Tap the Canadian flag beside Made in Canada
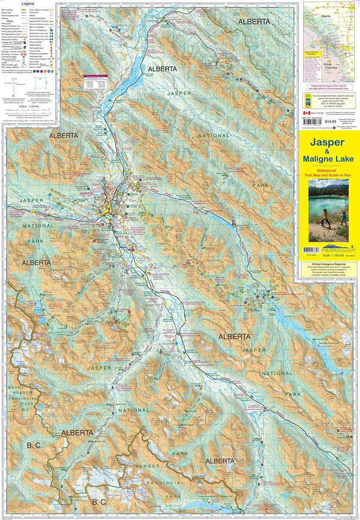[305, 112]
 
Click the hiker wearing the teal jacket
[343, 218]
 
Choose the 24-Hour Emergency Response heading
[328, 264]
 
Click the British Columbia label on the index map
[331, 66]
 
